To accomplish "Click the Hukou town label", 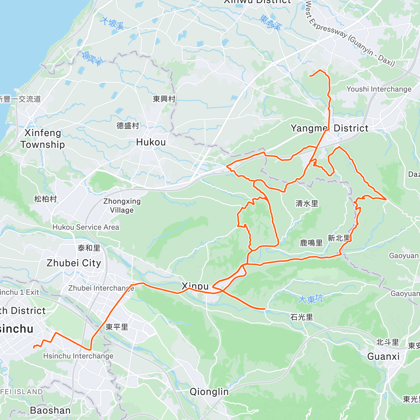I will coord(151,142).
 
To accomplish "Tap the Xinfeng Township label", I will coord(43,139).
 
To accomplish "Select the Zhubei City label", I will coord(74,263).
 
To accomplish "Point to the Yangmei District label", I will coord(329,128).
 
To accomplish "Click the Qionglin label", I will coord(209,392).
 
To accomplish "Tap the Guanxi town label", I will coord(383,357).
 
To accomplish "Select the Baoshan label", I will coord(50,410).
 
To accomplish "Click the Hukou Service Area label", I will coord(86,227).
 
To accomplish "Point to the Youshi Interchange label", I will coord(379,89).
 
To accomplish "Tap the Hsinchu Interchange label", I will coord(78,356).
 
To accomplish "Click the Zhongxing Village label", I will coord(122,205).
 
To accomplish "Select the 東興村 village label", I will coord(164,99).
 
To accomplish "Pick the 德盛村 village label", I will coord(128,126).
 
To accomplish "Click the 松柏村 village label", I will coord(45,199).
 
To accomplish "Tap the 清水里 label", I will coord(307,203).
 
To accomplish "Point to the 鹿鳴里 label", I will coord(311,243).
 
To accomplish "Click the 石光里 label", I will coord(302,317).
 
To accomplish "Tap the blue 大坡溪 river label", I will coord(112,23).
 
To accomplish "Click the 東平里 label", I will coord(117,327).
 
